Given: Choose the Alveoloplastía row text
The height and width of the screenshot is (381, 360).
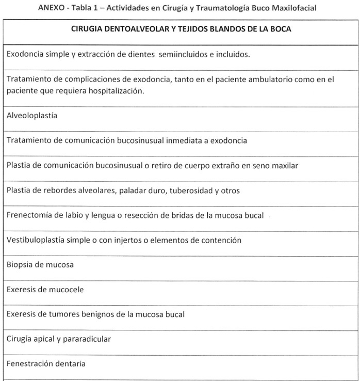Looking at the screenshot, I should (x=32, y=116).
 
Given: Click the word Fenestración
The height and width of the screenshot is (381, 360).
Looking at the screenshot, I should (x=31, y=364).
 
